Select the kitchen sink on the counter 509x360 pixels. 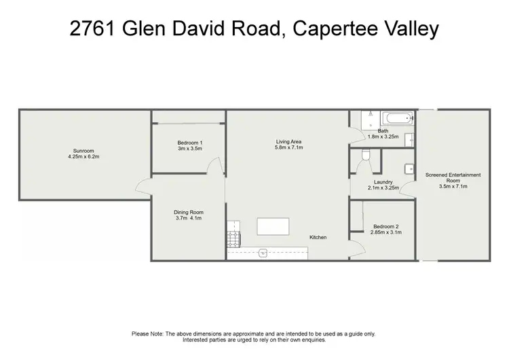(x=263, y=253)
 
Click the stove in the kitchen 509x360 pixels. (x=233, y=238)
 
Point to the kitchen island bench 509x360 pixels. (x=272, y=226)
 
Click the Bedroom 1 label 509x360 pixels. (x=190, y=142)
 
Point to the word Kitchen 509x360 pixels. (x=318, y=237)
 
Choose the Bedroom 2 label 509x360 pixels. (x=385, y=226)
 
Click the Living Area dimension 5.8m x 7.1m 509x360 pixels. (x=288, y=147)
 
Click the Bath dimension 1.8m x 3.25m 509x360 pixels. (x=383, y=137)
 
